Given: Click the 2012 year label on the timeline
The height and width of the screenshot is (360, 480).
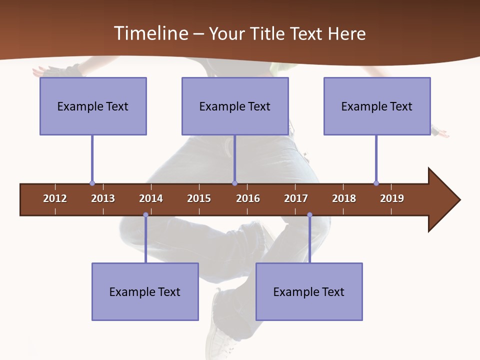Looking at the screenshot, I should point(55,198).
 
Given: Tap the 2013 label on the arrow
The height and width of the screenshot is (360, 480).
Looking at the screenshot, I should point(103,198).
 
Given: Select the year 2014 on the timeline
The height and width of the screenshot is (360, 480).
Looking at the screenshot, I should point(151,198).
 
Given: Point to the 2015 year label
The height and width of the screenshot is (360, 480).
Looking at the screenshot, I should point(199,198).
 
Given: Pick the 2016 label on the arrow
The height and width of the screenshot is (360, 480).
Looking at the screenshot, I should point(248,198).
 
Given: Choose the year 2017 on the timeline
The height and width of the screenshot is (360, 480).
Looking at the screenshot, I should point(296,198).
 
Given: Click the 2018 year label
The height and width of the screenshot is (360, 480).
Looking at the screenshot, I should point(344,198).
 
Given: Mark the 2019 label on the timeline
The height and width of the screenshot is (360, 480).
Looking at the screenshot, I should point(392,198).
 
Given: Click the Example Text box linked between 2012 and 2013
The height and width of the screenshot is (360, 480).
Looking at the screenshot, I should point(93,106).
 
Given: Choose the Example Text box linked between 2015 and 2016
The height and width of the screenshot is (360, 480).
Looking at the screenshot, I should point(235,106).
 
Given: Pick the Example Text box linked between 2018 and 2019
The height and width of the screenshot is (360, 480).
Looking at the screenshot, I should point(377,106).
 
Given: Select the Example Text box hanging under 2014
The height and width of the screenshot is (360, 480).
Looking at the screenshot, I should point(145,291).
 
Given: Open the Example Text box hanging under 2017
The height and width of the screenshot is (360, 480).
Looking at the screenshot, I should point(309,291).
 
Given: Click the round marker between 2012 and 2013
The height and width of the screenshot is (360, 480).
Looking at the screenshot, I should point(92,183).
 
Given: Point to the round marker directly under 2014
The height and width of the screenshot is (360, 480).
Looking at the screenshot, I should point(145,214).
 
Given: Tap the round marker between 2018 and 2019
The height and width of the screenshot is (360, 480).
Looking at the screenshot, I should point(376,183).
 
